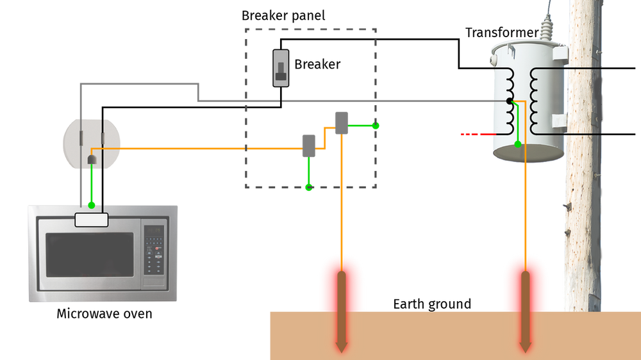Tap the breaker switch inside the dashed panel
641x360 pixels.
(x=280, y=68)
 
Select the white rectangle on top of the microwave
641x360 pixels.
(x=91, y=220)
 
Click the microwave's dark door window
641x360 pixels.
(x=89, y=254)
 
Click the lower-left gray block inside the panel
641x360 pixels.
(x=308, y=143)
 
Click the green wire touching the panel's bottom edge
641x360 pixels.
(x=308, y=176)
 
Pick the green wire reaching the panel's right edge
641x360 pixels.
(x=364, y=126)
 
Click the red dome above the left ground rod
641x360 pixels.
(x=342, y=280)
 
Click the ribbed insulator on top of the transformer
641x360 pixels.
(x=545, y=29)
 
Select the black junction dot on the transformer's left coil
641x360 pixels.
(x=509, y=101)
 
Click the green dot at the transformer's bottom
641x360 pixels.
(x=517, y=145)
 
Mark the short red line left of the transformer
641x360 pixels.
(x=476, y=135)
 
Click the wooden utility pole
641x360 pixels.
(x=583, y=192)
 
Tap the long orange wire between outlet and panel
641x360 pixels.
(x=192, y=149)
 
